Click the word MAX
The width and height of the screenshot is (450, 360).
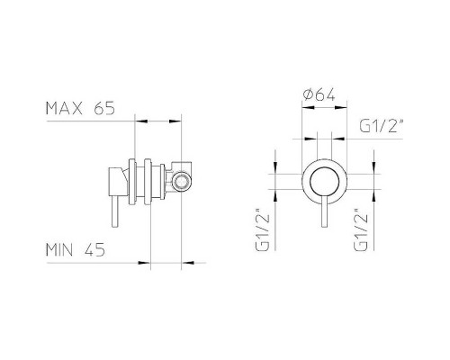pos(64,108)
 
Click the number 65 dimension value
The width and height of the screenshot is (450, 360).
pos(104,108)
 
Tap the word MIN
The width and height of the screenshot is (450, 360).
pos(59,250)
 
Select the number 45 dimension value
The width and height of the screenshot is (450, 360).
pos(94,250)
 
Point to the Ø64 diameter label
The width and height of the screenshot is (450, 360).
pos(319,95)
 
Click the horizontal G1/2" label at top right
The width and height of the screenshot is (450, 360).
pos(381,126)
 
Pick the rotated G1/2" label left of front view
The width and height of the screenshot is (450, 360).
pos(263,229)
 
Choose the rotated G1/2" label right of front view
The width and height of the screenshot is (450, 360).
pos(361,229)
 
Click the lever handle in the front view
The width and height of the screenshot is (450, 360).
pos(324,212)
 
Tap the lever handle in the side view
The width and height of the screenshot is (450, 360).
pos(115,211)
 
